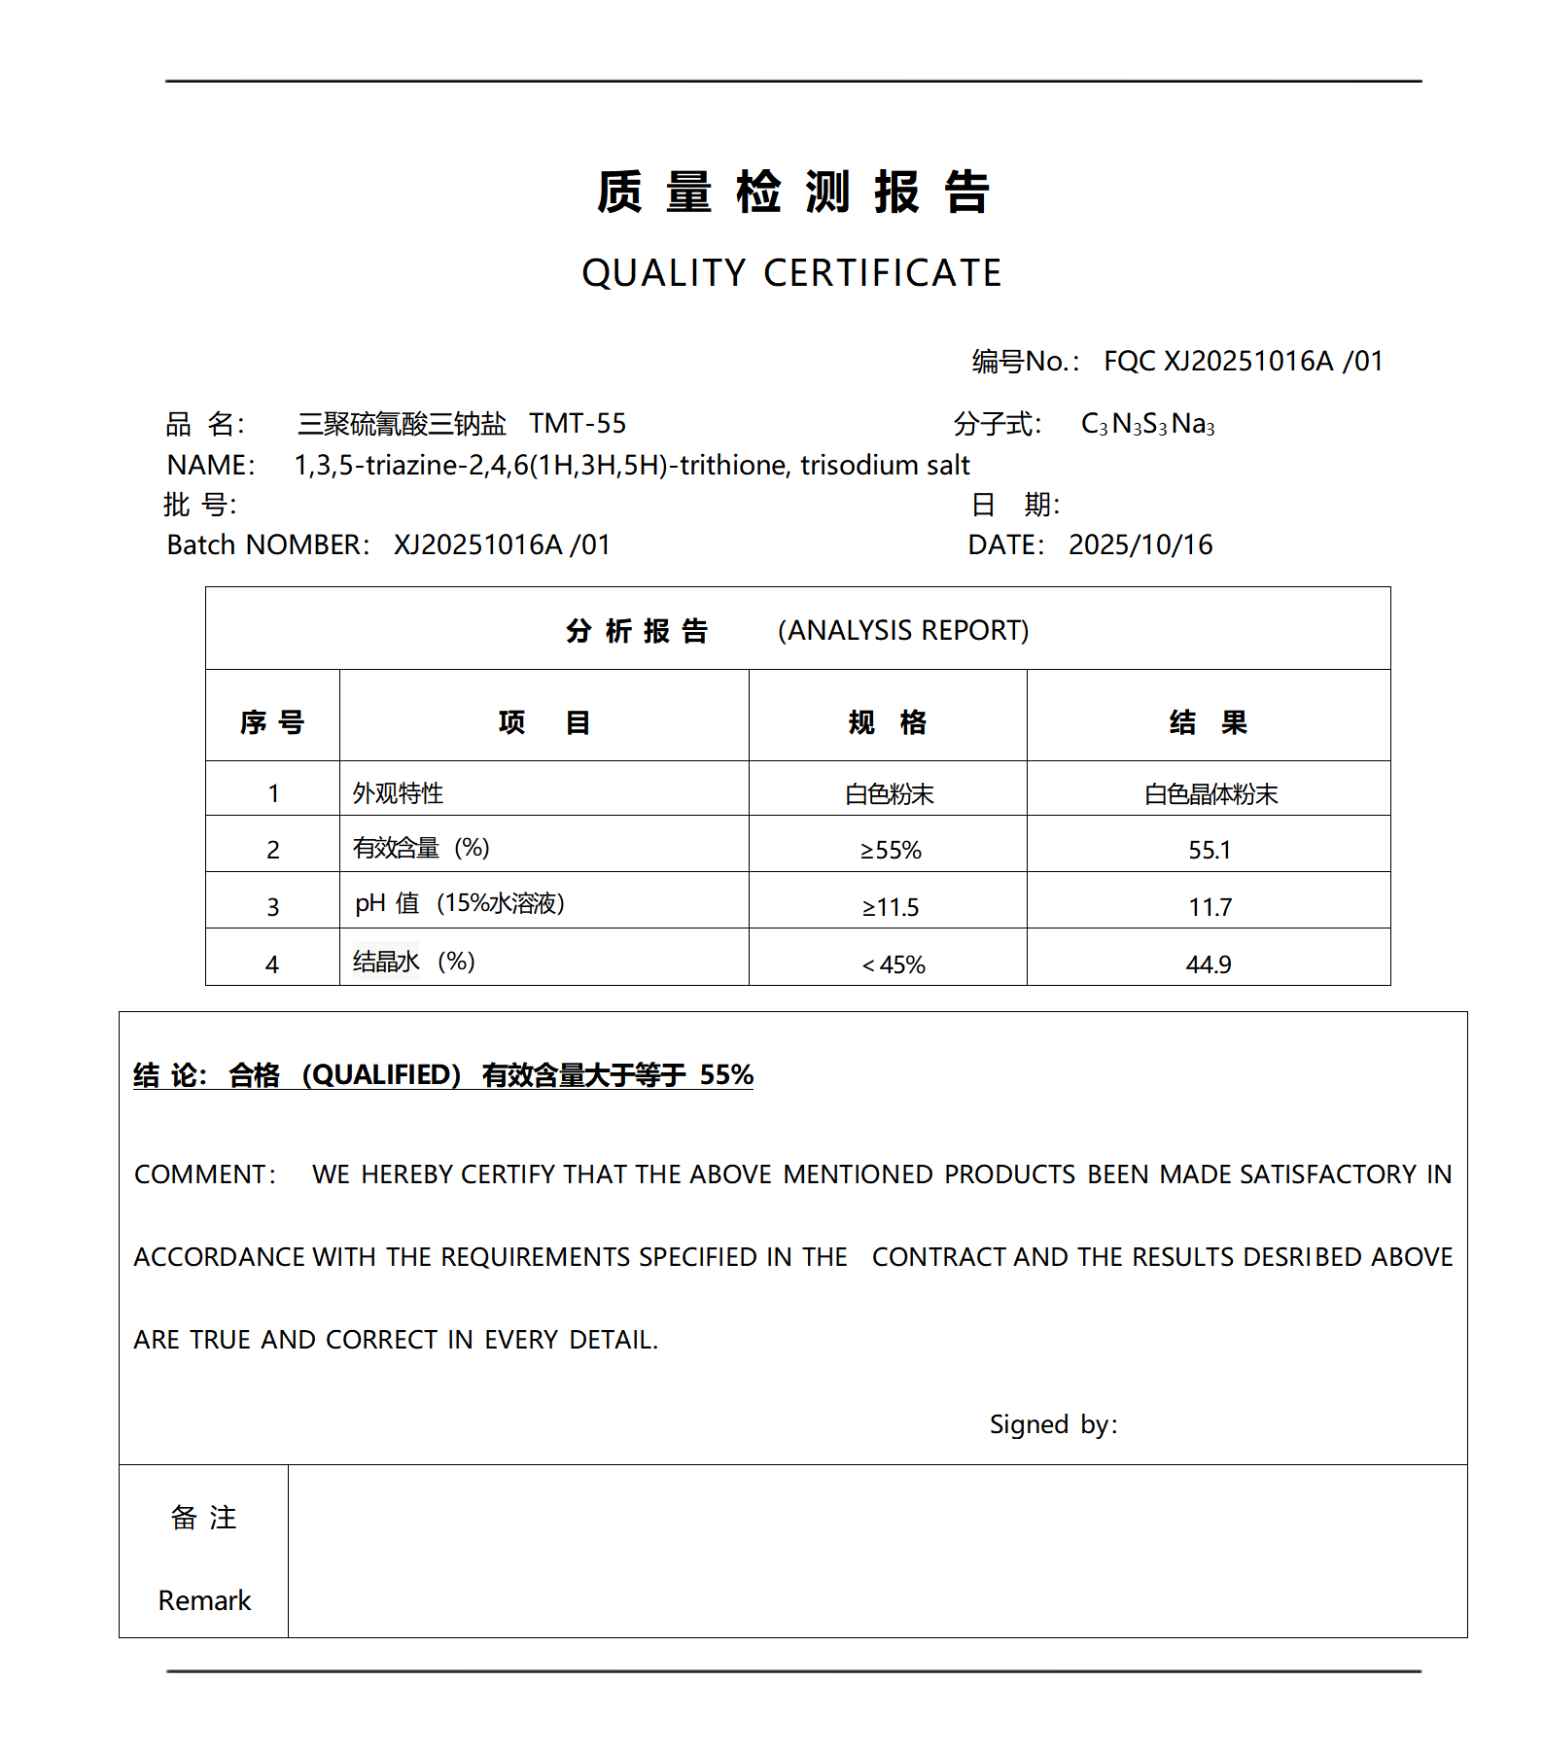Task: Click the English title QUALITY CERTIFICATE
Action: pos(791,273)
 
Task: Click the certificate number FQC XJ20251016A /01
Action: pos(1243,362)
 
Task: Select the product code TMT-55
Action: pos(578,424)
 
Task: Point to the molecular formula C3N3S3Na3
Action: pos(1147,424)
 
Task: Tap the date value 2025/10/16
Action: pos(1140,544)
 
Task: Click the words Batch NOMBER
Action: pos(267,544)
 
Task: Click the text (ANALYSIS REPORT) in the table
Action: pos(903,631)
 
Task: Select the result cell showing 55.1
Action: pos(1209,850)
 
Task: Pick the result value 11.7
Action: pos(1209,907)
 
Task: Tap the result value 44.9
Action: pos(1209,964)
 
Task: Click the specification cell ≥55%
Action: pos(890,850)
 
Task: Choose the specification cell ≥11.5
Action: pos(890,907)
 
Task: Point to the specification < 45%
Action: pos(893,964)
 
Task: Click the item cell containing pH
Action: pos(459,903)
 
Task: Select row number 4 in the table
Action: pos(272,964)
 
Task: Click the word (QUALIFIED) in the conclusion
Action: pos(381,1074)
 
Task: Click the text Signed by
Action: pos(1053,1424)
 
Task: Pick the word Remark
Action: pos(204,1600)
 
